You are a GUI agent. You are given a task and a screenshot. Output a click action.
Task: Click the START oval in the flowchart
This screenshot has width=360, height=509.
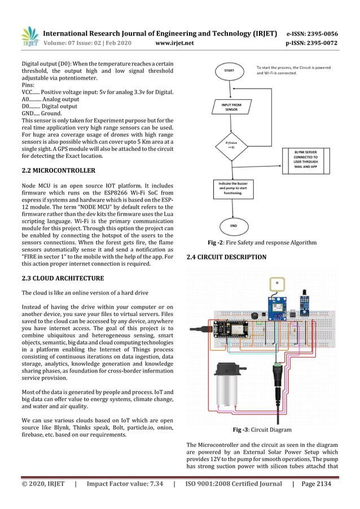(x=229, y=71)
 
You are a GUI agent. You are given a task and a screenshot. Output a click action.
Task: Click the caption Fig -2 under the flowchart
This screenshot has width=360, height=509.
(x=262, y=243)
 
